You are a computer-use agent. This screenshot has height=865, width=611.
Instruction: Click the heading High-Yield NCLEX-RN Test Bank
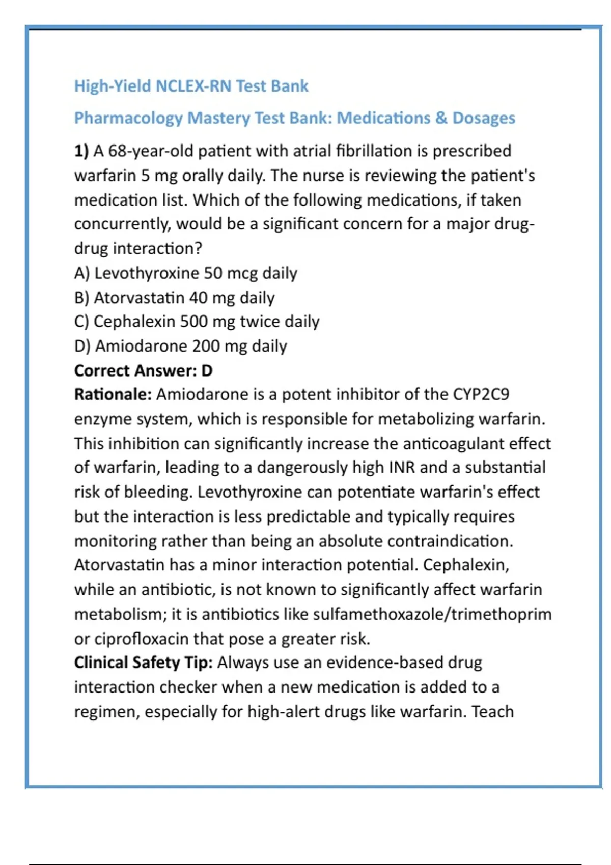(191, 86)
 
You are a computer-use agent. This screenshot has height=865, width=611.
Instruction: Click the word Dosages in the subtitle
(484, 118)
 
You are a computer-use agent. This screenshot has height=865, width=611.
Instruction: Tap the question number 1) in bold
(81, 151)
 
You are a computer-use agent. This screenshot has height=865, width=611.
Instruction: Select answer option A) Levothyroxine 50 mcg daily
(185, 273)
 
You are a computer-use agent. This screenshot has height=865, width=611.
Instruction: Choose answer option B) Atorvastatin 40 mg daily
(174, 298)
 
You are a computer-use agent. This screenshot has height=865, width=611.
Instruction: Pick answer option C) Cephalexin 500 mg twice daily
(197, 322)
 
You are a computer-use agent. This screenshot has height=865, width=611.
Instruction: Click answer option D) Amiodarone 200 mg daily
(180, 346)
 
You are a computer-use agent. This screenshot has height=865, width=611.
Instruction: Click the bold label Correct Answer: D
(143, 370)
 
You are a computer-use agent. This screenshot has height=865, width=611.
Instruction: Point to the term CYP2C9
(481, 394)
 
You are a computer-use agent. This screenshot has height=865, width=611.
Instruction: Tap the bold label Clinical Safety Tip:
(143, 662)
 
